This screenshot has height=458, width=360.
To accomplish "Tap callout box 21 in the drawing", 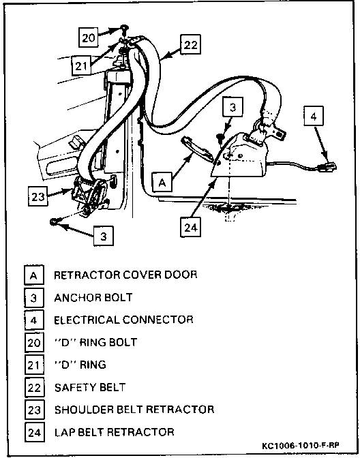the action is tap(81, 66).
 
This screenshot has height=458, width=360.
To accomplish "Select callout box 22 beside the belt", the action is tap(190, 44).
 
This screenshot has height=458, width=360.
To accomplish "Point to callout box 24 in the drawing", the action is tap(190, 228).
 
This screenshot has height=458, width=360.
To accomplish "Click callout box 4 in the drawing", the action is tap(314, 117).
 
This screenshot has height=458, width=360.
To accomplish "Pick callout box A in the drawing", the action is tap(162, 182).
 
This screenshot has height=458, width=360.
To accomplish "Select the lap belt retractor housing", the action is tap(239, 156).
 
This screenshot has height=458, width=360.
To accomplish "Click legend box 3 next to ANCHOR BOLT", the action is tap(34, 298).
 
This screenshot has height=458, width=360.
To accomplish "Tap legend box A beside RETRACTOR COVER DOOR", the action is tap(34, 275).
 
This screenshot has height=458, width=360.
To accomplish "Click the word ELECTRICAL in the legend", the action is tap(87, 320).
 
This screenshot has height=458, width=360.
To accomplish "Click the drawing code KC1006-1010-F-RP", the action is tap(301, 446).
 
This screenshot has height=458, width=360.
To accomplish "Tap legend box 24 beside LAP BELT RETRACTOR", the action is tap(34, 432).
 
